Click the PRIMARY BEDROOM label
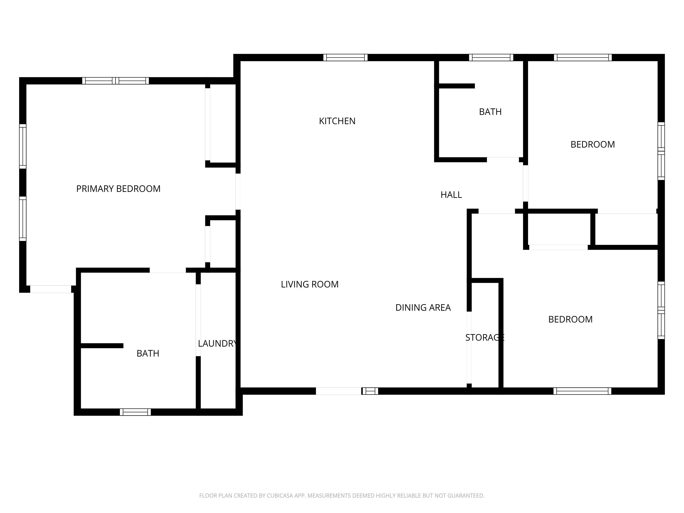point(119,189)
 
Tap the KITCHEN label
point(337,121)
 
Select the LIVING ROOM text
point(310,284)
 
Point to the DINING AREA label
point(423,307)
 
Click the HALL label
point(451,194)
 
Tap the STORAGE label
point(485,337)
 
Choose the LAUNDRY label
point(217,343)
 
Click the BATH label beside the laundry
point(148,353)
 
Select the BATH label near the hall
point(490,112)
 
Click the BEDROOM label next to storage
point(570,319)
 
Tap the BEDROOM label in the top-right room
point(593,144)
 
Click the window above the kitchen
point(345,57)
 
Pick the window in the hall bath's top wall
point(491,57)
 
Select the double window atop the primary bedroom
point(115,81)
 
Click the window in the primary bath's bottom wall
point(135,412)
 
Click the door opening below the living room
point(339,391)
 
